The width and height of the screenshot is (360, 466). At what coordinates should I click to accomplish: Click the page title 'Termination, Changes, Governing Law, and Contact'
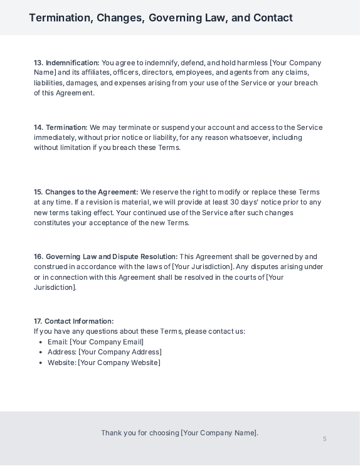click(161, 18)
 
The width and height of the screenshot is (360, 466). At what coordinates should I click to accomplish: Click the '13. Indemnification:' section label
click(66, 63)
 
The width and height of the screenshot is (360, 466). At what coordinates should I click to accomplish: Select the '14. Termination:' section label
click(61, 127)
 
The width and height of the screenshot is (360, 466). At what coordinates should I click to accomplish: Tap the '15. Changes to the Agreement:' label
click(86, 192)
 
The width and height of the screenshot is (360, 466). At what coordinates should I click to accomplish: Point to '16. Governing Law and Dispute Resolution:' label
click(106, 257)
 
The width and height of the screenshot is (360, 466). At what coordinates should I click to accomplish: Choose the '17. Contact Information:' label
click(74, 321)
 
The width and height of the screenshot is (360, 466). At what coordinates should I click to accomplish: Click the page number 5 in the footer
click(325, 438)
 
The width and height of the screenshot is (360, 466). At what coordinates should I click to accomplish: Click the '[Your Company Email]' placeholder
click(107, 342)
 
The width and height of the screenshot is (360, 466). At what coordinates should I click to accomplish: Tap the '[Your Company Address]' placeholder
click(120, 352)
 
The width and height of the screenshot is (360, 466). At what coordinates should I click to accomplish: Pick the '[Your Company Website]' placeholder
click(119, 363)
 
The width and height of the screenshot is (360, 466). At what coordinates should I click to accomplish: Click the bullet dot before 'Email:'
click(41, 342)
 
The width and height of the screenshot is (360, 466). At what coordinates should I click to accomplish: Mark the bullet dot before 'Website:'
click(41, 363)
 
